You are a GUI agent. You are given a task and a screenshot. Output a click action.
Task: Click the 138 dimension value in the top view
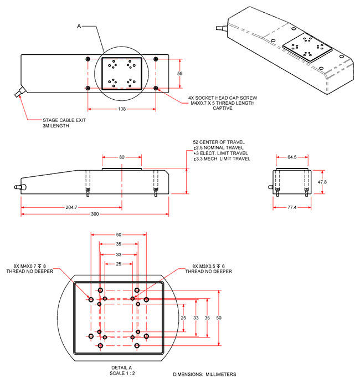[x=121, y=109]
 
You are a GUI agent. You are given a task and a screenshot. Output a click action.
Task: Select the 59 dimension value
[x=179, y=73]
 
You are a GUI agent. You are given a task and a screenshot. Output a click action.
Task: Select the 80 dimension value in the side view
[x=121, y=157]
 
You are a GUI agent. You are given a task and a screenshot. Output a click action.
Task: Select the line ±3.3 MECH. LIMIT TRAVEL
[x=221, y=159]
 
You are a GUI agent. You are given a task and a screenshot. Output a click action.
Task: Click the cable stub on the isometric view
[x=222, y=25]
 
